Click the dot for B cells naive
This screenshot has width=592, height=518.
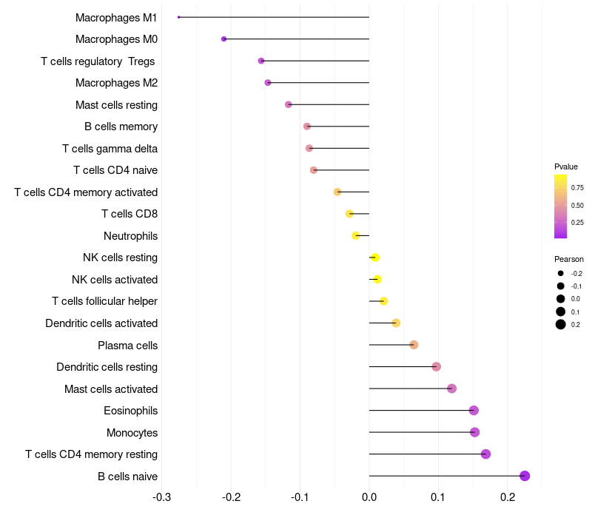coord(525,476)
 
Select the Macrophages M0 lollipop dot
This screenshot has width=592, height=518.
coord(224,39)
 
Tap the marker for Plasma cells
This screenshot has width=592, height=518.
coord(414,345)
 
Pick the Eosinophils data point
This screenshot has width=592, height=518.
coord(474,411)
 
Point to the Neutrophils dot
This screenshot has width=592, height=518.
coord(356,236)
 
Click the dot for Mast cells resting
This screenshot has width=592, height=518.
coord(289,105)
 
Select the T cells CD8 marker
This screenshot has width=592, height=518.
coord(350,214)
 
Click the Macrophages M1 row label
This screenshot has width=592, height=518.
coord(116,17)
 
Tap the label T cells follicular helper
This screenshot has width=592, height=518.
coord(104,301)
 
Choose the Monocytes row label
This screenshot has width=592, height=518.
coord(132,432)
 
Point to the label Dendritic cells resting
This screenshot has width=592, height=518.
coord(107,367)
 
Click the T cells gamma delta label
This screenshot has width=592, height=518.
coord(110,149)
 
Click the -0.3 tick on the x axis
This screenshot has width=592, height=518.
coord(162,497)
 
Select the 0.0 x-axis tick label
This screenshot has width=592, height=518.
coord(369,497)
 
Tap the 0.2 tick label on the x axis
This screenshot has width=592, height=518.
coord(507,497)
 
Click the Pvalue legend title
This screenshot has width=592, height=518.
coord(566,166)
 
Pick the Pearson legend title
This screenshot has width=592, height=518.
coord(569,259)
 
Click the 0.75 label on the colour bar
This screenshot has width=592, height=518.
coord(577,188)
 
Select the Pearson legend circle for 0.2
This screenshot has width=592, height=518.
coord(561,324)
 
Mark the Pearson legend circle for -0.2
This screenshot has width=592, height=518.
coord(561,274)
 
